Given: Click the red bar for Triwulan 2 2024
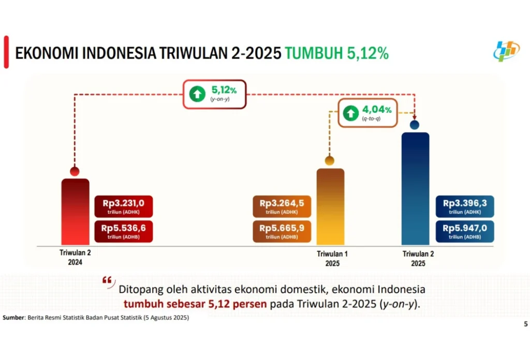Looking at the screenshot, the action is (76, 212).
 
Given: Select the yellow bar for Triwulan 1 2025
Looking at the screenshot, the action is (331, 207).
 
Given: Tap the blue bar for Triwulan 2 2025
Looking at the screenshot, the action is (416, 189).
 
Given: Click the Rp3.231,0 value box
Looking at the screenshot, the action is (124, 206).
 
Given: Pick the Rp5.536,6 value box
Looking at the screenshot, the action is (124, 231).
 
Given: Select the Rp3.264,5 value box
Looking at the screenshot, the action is (282, 206).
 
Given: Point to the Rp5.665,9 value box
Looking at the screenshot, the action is (282, 231).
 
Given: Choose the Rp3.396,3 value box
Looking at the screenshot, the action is (465, 206).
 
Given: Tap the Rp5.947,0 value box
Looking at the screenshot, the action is (465, 231).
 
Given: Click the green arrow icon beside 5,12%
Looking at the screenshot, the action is (197, 94).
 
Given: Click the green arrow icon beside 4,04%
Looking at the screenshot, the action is (351, 113).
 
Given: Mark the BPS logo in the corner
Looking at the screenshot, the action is (506, 51).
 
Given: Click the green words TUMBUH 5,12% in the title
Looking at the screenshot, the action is (336, 53).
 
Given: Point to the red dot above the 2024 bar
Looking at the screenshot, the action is (75, 172).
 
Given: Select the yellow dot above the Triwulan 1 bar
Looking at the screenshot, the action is (330, 161).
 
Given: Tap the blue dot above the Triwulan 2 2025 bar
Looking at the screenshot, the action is (415, 125).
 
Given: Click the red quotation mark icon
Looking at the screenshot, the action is (108, 282).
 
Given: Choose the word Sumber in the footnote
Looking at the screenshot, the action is (13, 318).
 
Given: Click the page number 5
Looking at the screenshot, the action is (526, 324).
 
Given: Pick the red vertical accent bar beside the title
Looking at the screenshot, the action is (6, 52).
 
